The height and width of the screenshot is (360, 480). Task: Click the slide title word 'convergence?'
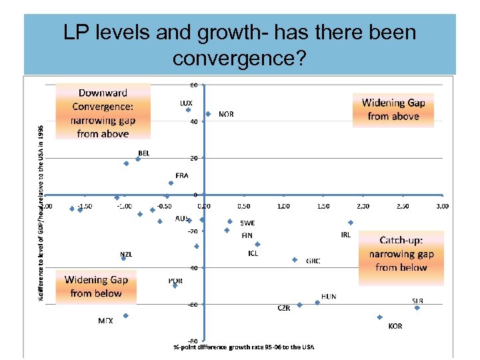pos(239,59)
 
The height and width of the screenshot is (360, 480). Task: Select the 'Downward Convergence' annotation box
pos(103,111)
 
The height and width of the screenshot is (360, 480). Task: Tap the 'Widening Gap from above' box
pos(393,109)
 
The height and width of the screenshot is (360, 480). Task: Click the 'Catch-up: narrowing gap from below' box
pos(401,253)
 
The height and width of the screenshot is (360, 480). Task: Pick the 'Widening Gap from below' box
pos(96,286)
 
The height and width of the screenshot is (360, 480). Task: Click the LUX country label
pos(186,103)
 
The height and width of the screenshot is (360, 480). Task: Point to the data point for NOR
pos(208,114)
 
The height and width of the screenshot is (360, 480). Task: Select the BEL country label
pos(143,153)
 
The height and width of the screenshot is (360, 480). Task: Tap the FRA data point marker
pos(171,183)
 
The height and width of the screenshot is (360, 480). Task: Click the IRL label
pos(345,235)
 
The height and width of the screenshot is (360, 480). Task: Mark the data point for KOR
pos(379,317)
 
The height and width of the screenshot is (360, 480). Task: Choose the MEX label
pos(105,321)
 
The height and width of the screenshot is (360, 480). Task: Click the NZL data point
pos(123,258)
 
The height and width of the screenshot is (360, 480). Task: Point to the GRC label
pos(313,261)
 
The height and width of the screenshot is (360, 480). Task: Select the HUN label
pos(329,296)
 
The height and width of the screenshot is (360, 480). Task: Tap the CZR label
pos(284,308)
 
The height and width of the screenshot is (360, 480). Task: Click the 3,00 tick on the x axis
pos(442,206)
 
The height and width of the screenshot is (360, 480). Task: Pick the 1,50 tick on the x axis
pos(323,206)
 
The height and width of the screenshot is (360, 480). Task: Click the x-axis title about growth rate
pos(244,347)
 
